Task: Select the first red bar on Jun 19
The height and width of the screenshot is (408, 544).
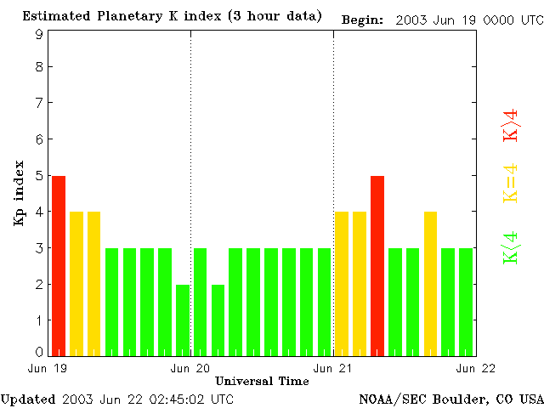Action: [x=59, y=265]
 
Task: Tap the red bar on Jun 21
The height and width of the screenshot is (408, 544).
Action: [x=377, y=265]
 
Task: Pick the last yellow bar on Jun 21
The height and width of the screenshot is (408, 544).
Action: [x=430, y=283]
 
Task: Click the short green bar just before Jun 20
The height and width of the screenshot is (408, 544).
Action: [x=183, y=320]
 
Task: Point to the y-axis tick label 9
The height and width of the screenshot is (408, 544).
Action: [x=39, y=34]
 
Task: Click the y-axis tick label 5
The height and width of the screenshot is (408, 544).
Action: [x=39, y=176]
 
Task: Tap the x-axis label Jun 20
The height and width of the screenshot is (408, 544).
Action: [x=190, y=368]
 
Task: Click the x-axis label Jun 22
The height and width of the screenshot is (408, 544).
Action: [x=475, y=368]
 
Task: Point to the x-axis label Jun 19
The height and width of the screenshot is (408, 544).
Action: [x=48, y=368]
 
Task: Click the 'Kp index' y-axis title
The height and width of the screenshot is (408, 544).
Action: [x=19, y=192]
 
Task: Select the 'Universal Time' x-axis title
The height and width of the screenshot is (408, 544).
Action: [x=262, y=381]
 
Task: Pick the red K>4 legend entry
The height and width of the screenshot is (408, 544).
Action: [x=510, y=124]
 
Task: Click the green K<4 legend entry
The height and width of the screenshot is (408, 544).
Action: [x=510, y=248]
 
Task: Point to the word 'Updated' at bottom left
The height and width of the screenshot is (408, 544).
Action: [x=28, y=399]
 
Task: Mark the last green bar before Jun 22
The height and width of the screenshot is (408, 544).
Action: [x=466, y=301]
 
